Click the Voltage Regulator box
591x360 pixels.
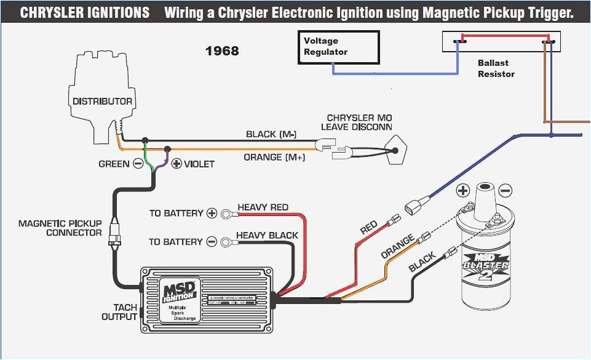339,47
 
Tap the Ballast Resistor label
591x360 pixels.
496,68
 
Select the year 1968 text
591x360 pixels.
222,51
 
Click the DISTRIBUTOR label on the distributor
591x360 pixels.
102,101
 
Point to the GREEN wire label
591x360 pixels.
114,164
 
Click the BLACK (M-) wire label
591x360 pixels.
271,134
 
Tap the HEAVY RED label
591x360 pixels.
263,207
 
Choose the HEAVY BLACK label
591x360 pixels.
267,235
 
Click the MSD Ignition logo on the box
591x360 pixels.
180,290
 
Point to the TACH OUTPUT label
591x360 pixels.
125,312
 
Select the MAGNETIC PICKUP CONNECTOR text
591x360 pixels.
60,228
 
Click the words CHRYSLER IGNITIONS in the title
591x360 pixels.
84,13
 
